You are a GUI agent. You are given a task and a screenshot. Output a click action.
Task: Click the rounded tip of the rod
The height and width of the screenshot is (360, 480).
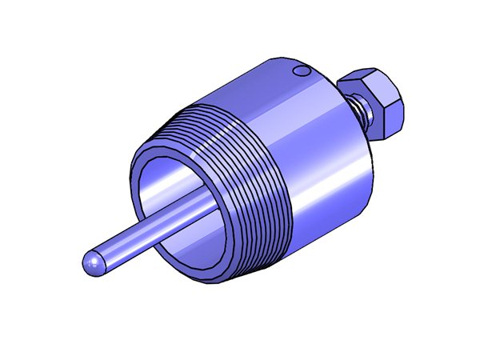[x=92, y=265]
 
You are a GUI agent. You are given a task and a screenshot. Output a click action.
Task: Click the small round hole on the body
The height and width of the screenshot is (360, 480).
[x=302, y=72]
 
